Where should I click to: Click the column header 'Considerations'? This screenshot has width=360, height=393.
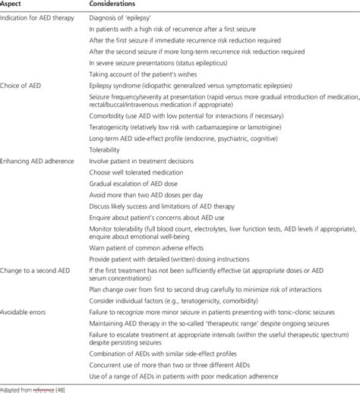(x=116, y=5)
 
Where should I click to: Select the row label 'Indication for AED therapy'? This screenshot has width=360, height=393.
(x=37, y=17)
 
